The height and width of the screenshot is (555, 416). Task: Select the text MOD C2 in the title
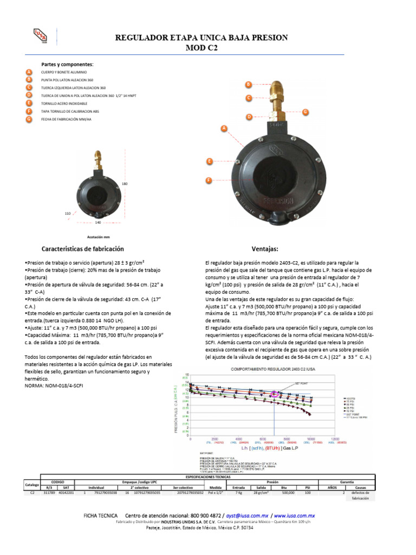pos(202,48)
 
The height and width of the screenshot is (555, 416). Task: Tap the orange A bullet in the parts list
pos(29,72)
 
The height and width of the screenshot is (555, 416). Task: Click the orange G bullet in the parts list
pos(29,118)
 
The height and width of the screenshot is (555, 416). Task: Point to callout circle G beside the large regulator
pos(305,112)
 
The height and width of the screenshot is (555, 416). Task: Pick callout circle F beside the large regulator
pos(208,180)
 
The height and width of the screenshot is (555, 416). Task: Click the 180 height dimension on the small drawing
pos(124,184)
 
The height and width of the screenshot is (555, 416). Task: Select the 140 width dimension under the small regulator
pos(98,222)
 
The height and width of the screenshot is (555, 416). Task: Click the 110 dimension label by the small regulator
pos(68,214)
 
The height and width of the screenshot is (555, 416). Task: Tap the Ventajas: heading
pos(265,249)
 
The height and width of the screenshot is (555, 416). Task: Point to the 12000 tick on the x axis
pos(335,439)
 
